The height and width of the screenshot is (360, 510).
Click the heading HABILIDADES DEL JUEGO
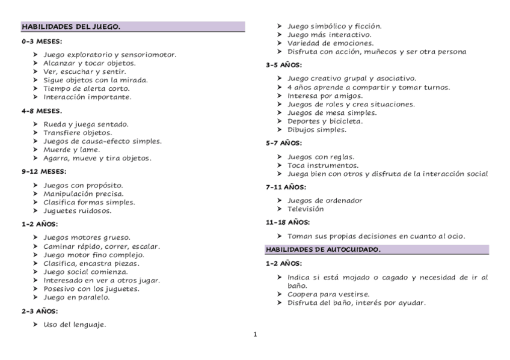[x=71, y=27]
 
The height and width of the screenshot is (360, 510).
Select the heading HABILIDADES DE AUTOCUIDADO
[x=322, y=249]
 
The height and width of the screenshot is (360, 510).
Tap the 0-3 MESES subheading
[x=41, y=41]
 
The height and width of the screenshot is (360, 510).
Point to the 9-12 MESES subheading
[x=44, y=171]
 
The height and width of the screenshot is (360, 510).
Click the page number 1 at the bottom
[x=255, y=335]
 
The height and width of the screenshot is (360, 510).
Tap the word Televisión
[x=306, y=209]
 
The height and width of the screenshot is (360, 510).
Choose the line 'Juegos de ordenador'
[x=325, y=201]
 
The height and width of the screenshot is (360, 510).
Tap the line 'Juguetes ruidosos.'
[x=77, y=211]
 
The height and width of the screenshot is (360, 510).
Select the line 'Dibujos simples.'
[x=316, y=129]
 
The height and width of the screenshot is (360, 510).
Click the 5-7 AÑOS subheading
[x=283, y=143]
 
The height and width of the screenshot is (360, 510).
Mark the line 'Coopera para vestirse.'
[x=328, y=294]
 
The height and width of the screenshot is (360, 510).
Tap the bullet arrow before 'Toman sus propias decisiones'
[x=280, y=236]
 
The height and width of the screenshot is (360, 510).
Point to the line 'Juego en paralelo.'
[x=76, y=297]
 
